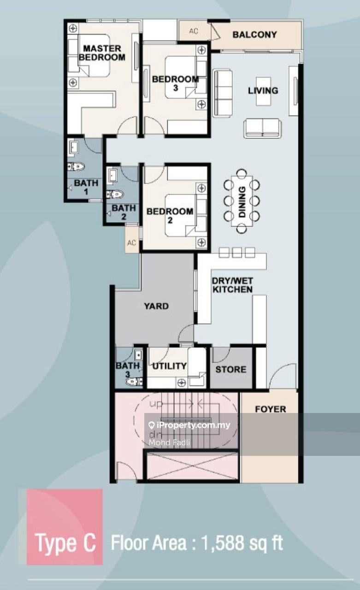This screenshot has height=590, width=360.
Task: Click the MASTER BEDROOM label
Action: click(x=102, y=53)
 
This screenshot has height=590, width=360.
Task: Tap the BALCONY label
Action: click(x=254, y=35)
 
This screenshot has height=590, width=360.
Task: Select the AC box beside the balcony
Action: click(x=194, y=31)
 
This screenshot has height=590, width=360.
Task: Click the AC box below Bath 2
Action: click(x=132, y=242)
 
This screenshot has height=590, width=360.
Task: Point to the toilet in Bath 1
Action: click(x=76, y=166)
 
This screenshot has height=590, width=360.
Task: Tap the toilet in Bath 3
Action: click(x=134, y=382)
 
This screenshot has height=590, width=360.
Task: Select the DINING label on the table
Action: click(x=242, y=201)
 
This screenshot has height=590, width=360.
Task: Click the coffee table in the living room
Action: click(x=263, y=91)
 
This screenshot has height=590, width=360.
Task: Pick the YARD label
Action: click(x=156, y=306)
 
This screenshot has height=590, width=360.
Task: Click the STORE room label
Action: click(x=231, y=369)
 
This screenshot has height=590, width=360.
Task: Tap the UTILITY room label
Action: click(x=170, y=366)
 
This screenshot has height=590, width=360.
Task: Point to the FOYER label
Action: click(x=271, y=409)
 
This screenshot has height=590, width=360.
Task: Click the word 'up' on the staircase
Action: click(x=156, y=404)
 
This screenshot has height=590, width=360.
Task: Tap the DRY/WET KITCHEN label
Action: click(x=232, y=285)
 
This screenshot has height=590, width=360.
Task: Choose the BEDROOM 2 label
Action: click(x=170, y=215)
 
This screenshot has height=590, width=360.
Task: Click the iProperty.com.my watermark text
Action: click(x=189, y=425)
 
